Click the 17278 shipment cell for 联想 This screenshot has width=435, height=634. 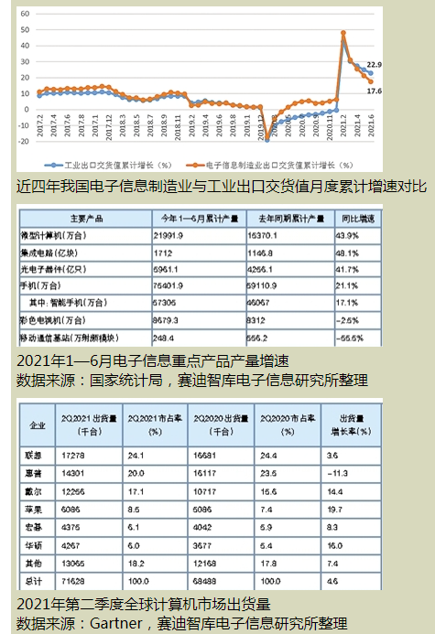(x=76, y=454)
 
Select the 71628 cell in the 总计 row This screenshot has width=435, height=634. (x=76, y=581)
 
